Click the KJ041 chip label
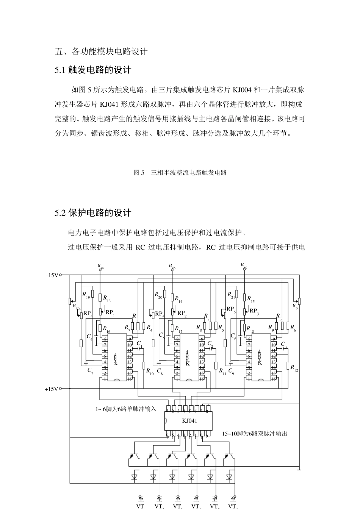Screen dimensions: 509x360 (x=189, y=420)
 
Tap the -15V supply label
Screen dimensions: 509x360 (x=52, y=275)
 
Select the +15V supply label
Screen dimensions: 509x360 (x=52, y=389)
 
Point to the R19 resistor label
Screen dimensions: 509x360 (x=86, y=295)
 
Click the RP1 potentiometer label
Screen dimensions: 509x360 (x=110, y=313)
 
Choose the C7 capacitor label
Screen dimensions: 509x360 (x=90, y=370)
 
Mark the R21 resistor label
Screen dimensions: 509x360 (x=231, y=295)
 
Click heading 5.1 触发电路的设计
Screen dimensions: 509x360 (x=93, y=70)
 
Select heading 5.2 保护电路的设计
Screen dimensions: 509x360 (x=93, y=213)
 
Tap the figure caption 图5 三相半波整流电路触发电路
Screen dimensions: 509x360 (x=180, y=173)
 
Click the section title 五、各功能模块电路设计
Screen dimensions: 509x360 (x=101, y=52)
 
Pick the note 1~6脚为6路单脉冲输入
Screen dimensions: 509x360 (x=125, y=409)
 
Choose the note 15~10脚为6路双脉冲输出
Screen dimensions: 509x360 (x=254, y=434)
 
